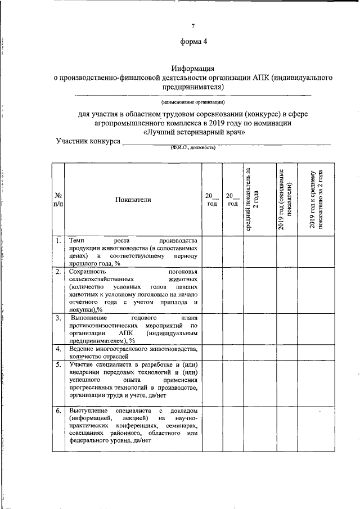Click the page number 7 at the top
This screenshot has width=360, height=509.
coord(193,26)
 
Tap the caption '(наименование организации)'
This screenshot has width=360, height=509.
coord(193,102)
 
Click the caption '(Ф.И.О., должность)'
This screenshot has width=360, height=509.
coord(193,148)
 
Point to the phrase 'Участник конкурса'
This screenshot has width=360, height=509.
coord(88,141)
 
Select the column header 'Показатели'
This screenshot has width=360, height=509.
coord(133,200)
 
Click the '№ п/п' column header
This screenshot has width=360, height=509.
coord(58,200)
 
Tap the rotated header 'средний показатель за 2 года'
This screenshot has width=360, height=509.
coord(253,200)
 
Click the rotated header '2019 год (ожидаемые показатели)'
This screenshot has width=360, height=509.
coord(285,200)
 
